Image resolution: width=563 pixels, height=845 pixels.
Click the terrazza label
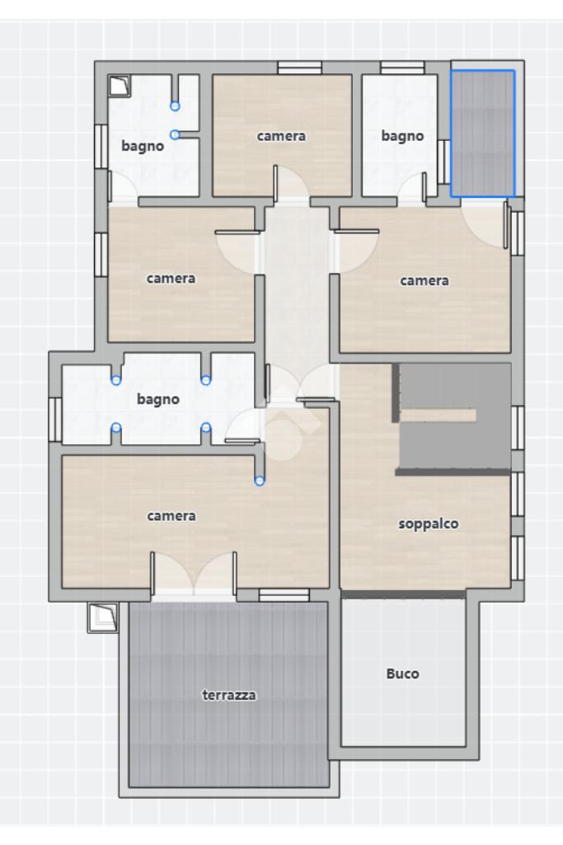click(229, 695)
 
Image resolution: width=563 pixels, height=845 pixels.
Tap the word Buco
click(402, 674)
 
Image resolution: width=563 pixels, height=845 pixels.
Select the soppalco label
click(429, 523)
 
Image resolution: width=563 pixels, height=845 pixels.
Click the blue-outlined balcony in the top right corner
click(483, 133)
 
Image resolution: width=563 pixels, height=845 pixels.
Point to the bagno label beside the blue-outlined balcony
click(402, 136)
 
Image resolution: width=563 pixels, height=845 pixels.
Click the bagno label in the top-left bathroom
click(143, 146)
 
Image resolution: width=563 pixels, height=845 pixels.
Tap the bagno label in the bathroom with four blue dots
click(158, 399)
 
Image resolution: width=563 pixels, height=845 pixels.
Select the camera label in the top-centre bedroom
click(281, 136)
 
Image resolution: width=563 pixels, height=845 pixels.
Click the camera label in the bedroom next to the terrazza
click(171, 516)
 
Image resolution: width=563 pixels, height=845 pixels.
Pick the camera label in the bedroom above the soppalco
click(424, 281)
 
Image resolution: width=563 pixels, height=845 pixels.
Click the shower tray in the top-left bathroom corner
click(119, 86)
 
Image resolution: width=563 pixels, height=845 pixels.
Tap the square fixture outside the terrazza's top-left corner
click(103, 617)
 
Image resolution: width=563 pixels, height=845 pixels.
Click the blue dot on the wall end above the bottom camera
click(260, 481)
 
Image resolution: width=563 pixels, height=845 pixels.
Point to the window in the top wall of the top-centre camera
click(299, 68)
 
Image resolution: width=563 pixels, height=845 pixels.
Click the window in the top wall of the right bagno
click(402, 68)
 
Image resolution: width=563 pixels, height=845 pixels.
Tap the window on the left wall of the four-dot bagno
click(55, 420)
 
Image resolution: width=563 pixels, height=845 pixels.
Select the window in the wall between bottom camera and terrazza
click(284, 595)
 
